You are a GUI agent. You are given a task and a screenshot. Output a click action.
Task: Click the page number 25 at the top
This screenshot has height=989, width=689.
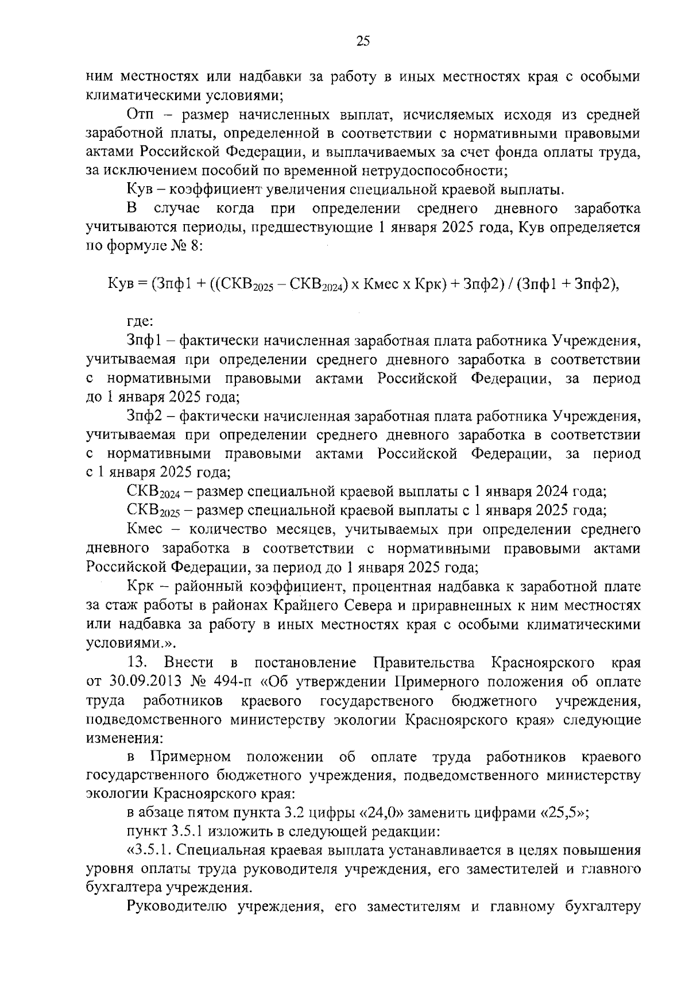363,41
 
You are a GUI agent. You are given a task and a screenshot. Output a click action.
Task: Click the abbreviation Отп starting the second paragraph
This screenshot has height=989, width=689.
140,115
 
